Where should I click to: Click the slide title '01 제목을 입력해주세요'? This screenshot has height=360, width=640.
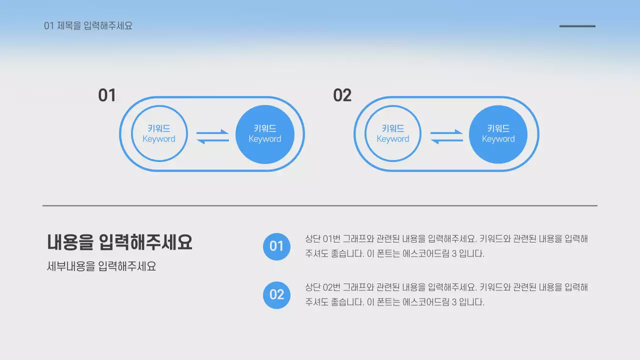pos(88,26)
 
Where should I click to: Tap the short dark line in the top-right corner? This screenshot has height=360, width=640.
pos(577,26)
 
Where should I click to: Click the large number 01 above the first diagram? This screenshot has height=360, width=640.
pos(106,95)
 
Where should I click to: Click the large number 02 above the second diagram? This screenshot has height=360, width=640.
pos(342,95)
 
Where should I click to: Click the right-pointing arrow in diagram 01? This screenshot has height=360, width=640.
pos(213,132)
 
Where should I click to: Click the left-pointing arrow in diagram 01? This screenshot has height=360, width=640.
pos(212,141)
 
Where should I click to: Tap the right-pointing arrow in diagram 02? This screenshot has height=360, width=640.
pos(447,132)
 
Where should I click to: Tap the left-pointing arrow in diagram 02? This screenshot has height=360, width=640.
pos(446,141)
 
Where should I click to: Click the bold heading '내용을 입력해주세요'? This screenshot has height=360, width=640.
pos(119,242)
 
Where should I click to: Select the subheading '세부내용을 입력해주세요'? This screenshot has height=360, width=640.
pos(101,266)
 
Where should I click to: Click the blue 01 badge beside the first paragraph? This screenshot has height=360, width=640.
pos(276,246)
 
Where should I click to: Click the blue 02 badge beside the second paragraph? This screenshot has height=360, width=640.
pos(276,294)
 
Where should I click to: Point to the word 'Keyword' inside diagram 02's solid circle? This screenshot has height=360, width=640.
pos(498,139)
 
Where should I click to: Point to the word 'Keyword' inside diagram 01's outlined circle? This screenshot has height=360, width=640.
pos(159,139)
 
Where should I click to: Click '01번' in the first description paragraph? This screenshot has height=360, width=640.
pos(332,239)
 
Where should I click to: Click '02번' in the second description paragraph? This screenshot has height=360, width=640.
pos(332,287)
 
